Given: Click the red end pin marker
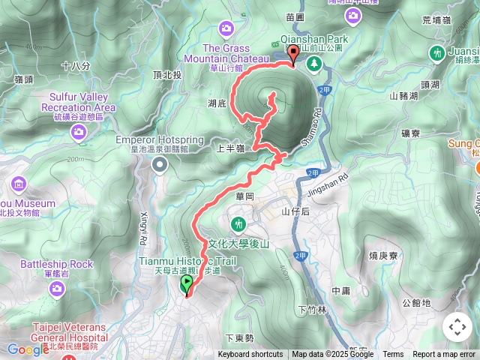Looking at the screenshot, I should tap(292, 52).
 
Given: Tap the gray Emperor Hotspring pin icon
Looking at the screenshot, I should tap(157, 167).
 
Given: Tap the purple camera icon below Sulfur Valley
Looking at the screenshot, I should tap(79, 132).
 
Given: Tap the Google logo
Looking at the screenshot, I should tap(27, 349).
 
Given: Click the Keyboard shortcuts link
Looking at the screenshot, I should tap(250, 355).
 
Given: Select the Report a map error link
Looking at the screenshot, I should tap(444, 355).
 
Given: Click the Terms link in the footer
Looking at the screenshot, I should tap(393, 355).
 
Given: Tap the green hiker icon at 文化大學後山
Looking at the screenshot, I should tap(238, 223).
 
